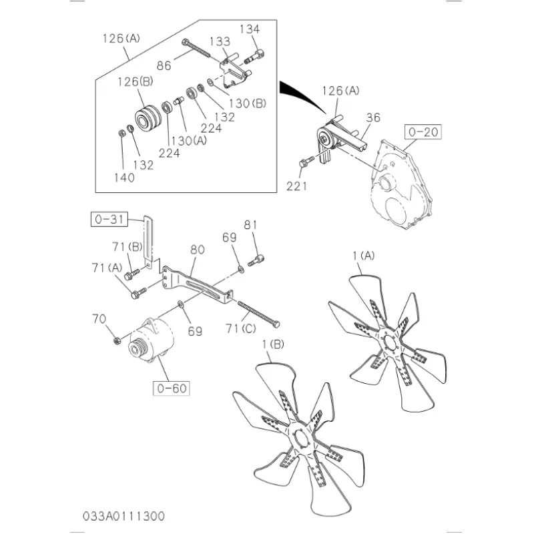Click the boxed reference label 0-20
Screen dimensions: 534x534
[x=422, y=132]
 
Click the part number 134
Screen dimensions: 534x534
[x=249, y=29]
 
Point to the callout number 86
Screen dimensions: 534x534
[x=165, y=65]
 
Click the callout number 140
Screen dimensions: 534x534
[x=123, y=177]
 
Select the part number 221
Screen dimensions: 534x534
[x=296, y=186]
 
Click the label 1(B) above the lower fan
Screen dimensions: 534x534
[x=273, y=344]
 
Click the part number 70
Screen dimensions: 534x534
[x=99, y=319]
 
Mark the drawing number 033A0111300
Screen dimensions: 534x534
[x=125, y=517]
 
